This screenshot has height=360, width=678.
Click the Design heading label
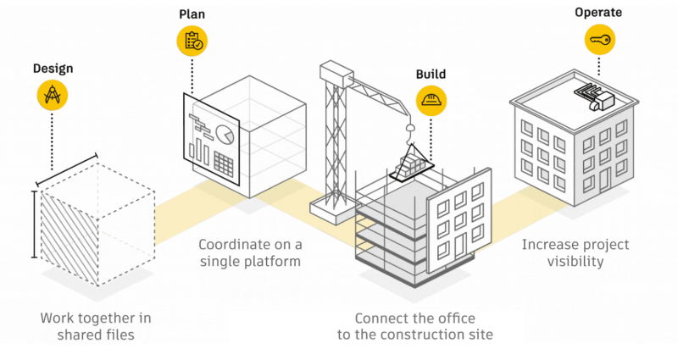[x=52, y=67]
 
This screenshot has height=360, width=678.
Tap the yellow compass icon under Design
[x=52, y=97]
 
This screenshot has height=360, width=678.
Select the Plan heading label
[x=192, y=14]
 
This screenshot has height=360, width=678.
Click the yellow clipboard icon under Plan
[x=192, y=42]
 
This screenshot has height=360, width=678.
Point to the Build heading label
[x=431, y=75]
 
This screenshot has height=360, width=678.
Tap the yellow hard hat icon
[x=431, y=101]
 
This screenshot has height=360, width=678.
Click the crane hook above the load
[x=409, y=130]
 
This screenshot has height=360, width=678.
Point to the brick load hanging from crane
[x=410, y=161]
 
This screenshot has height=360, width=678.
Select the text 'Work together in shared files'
[x=96, y=327]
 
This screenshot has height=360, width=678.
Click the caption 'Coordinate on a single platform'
[x=250, y=252]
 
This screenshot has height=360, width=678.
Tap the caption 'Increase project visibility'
[x=575, y=252]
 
